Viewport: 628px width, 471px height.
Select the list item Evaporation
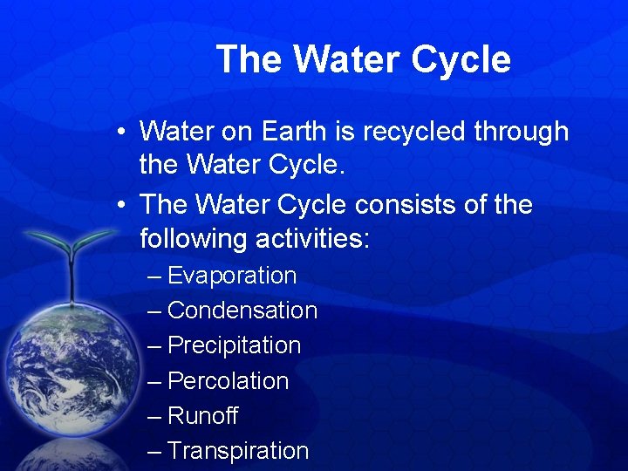click(x=232, y=276)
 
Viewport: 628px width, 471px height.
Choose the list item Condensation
click(x=242, y=311)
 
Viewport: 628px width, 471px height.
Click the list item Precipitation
click(x=234, y=345)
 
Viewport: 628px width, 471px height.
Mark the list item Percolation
click(x=228, y=381)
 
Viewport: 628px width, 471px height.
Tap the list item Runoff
click(x=202, y=416)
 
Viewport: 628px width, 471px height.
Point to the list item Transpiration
click(x=238, y=451)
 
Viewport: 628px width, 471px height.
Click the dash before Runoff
click(x=154, y=416)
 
